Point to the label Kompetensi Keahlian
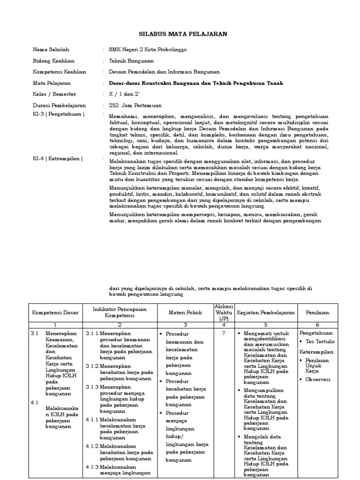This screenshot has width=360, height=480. coord(60,72)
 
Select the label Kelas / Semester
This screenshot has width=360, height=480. coord(54,94)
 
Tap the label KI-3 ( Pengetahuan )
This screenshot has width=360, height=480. coord(59,114)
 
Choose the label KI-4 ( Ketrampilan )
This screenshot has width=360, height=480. coord(58,159)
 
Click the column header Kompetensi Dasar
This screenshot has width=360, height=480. coord(55,312)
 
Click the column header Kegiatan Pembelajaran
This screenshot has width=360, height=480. coord(266,312)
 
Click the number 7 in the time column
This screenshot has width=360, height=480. coord(223,333)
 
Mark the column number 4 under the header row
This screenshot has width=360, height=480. coord(223,324)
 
